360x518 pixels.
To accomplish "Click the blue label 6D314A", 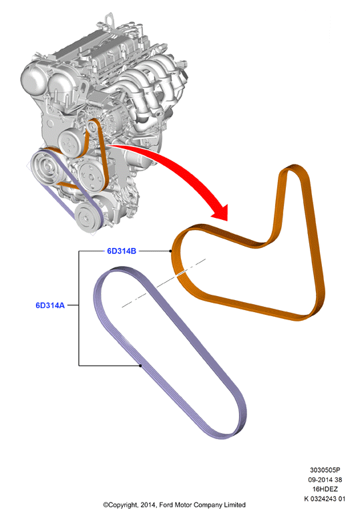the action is point(50,305).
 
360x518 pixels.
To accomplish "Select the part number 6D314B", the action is point(122,251).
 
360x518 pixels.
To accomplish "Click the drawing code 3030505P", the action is point(325,470).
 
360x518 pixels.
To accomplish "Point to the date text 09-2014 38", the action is point(325,479).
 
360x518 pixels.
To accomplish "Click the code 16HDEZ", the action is point(325,489).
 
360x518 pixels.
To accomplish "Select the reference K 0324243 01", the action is point(325,499).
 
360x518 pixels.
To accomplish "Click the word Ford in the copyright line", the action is point(166,505).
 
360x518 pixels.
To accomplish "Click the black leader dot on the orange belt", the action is point(170,251).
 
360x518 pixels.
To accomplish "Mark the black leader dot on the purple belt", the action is point(140,366).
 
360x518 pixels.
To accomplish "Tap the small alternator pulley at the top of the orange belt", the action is point(92,126).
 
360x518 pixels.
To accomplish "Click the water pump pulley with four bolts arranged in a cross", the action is point(70,143).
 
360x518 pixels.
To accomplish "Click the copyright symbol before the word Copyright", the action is point(106,505).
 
